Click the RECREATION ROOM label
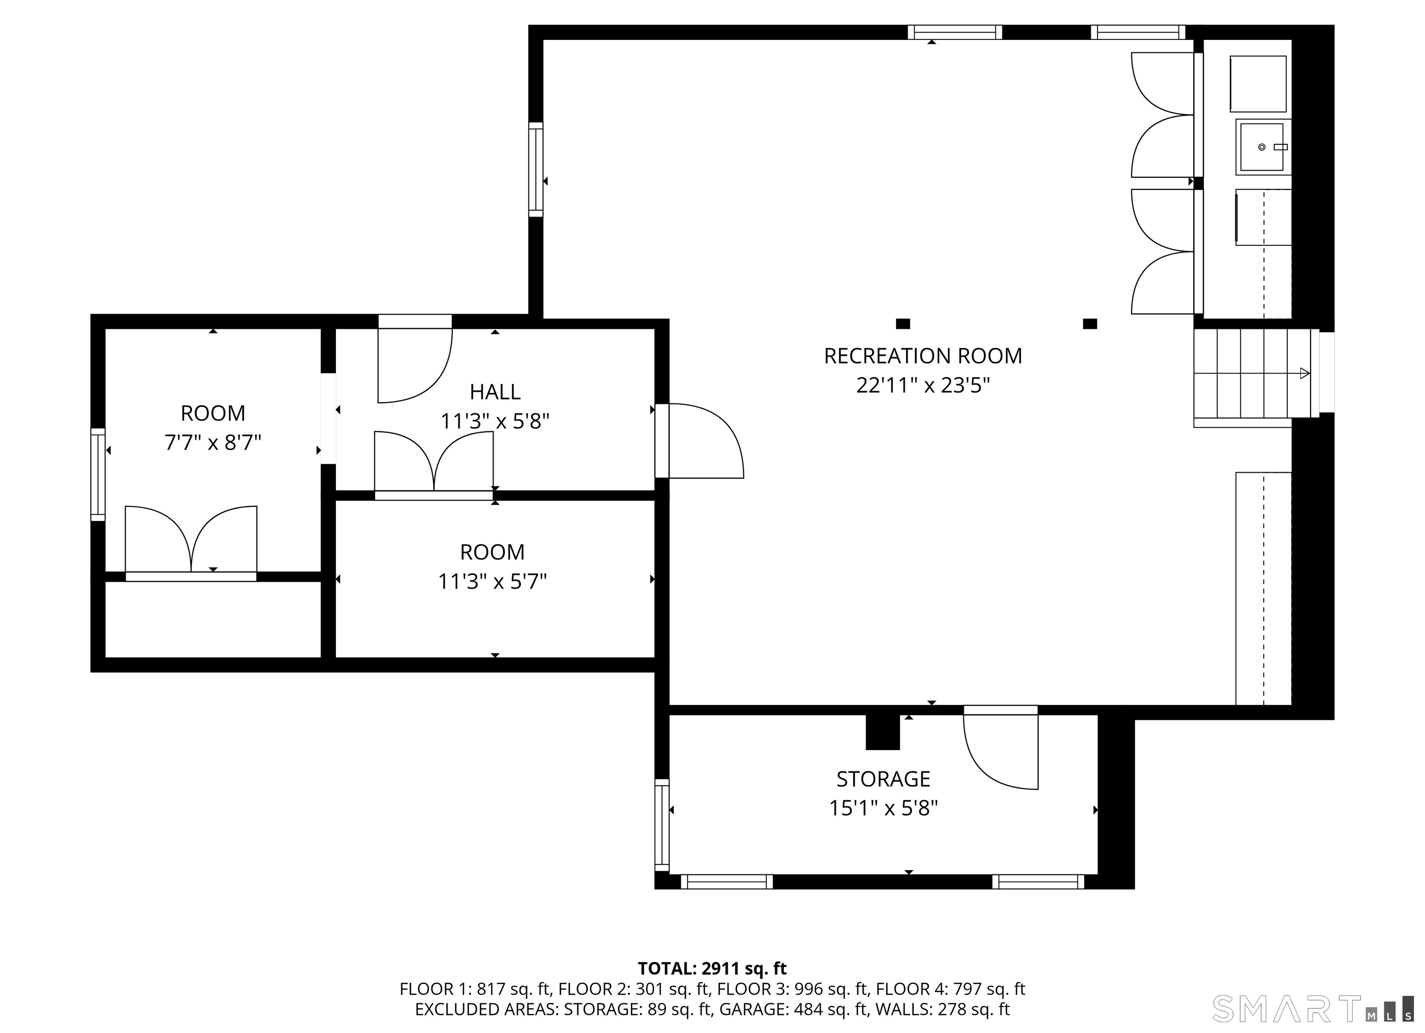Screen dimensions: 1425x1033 [x=923, y=356]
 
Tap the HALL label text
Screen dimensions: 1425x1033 [x=495, y=392]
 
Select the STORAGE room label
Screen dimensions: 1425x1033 [x=883, y=779]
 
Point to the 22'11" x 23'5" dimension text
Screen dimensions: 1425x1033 [x=923, y=385]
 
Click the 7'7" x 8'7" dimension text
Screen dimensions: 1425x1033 [x=212, y=443]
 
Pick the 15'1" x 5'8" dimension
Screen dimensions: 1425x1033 [x=883, y=808]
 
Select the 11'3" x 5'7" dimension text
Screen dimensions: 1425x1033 [x=492, y=582]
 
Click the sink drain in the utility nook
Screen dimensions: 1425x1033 [x=1262, y=147]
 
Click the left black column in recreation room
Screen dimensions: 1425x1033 [x=903, y=324]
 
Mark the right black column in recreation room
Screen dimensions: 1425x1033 [x=1090, y=324]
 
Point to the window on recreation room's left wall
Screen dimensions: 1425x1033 [x=536, y=170]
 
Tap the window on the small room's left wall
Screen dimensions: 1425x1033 [x=98, y=475]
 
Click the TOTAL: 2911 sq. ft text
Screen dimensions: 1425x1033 [x=712, y=968]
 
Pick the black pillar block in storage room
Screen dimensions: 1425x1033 [x=883, y=732]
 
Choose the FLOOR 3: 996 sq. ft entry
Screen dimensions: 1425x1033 [x=792, y=989]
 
